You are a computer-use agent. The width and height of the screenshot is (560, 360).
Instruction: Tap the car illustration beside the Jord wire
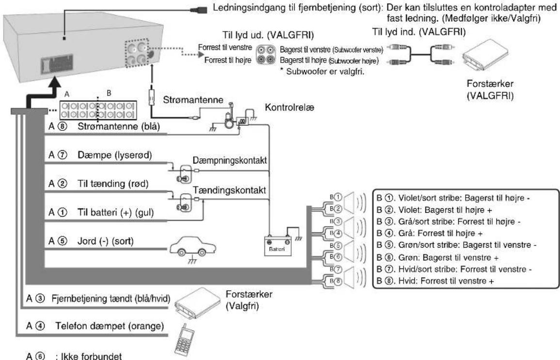pos(193,247)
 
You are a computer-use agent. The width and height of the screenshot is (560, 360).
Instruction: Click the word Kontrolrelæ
pos(290,108)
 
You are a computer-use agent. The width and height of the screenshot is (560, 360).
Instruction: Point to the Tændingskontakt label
pos(230,190)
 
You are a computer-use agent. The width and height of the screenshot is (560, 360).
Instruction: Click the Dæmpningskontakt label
pos(230,160)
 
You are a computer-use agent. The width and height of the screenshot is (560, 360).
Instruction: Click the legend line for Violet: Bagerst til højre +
pos(434,210)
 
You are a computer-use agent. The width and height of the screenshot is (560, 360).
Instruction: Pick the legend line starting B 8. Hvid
pos(436,281)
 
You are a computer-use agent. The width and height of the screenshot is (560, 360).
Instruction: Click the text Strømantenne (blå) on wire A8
pos(119,126)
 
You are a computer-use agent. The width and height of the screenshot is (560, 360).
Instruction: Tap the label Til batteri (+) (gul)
pos(115,213)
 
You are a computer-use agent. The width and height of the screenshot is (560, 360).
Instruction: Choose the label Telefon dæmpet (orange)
pos(109,326)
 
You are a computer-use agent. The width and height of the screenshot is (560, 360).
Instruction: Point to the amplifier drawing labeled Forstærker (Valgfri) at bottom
pos(198,302)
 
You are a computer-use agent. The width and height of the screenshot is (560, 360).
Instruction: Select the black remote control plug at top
pos(199,10)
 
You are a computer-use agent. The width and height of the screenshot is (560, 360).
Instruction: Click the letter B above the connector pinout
pos(109,93)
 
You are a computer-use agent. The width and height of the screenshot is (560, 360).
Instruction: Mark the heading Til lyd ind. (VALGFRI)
pos(419,32)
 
